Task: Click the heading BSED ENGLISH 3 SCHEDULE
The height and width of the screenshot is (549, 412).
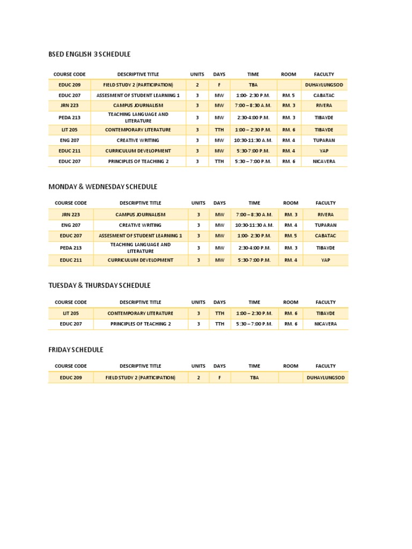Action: (90, 54)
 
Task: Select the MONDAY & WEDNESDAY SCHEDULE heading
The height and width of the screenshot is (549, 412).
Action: (103, 187)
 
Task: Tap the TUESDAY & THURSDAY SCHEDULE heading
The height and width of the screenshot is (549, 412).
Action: (99, 285)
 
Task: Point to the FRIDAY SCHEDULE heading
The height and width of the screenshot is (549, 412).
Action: (76, 350)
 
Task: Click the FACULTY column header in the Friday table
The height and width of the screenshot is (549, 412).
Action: (326, 366)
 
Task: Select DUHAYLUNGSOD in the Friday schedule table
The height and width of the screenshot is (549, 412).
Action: (326, 377)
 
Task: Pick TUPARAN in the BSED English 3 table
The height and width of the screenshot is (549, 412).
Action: (323, 140)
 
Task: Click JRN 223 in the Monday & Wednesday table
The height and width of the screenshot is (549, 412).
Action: (71, 214)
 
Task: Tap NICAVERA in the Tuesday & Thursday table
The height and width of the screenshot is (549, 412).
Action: (326, 324)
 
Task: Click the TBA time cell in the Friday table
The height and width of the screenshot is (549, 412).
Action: (254, 377)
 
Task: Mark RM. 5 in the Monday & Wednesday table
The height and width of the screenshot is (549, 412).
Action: (290, 235)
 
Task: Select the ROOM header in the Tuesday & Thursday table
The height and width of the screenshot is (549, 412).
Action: (290, 302)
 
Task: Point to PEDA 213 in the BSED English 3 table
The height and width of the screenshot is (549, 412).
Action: (69, 117)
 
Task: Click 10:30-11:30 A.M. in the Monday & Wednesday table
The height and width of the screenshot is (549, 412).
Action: (254, 225)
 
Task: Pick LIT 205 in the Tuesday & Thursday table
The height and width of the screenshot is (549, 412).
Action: (71, 313)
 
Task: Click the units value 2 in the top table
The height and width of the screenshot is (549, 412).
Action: (197, 85)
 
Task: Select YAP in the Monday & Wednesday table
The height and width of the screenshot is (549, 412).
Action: (326, 260)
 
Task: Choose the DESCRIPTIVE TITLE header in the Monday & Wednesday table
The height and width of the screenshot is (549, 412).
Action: (140, 203)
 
